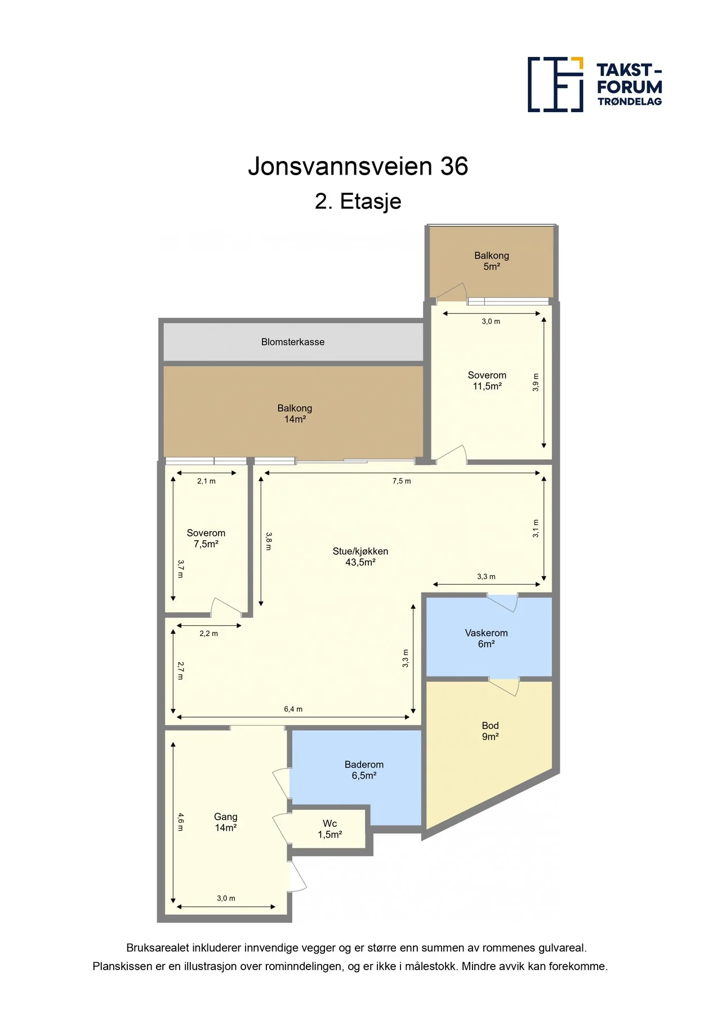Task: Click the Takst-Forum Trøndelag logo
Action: (595, 84)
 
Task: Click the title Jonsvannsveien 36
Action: (358, 166)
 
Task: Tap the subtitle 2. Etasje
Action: (358, 201)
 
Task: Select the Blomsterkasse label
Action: (293, 342)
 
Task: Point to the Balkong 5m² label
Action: (492, 261)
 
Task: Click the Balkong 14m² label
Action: (295, 413)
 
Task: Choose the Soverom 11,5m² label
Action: (487, 381)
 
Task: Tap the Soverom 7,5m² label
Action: (206, 539)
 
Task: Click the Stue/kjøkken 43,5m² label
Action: (360, 557)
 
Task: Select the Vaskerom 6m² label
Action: (487, 638)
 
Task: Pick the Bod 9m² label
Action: (491, 731)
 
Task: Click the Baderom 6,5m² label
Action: (364, 770)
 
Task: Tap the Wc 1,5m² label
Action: (330, 829)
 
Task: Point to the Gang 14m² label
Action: (226, 822)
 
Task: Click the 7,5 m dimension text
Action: (402, 481)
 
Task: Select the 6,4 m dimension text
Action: (293, 709)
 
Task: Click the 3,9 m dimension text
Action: (536, 383)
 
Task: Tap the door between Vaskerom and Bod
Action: (503, 686)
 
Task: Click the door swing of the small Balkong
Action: (452, 291)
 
